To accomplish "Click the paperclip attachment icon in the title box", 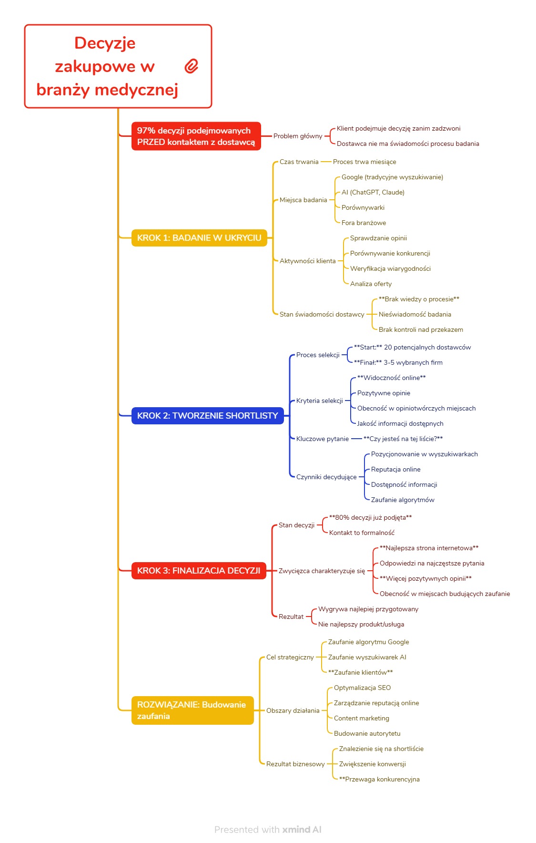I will click(x=192, y=66).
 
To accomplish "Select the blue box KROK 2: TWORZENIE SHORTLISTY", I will click(x=207, y=416).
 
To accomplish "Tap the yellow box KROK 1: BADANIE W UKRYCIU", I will click(x=199, y=237).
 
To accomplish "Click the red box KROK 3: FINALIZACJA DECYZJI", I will click(x=199, y=570).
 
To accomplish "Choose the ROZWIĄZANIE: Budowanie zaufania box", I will click(x=192, y=710).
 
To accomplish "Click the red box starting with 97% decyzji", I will click(x=196, y=136).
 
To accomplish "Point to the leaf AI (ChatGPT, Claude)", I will click(x=373, y=192).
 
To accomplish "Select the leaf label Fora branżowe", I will click(x=364, y=223).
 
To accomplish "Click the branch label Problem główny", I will click(x=298, y=136).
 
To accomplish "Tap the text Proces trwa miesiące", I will click(x=364, y=162).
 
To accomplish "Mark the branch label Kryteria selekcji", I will click(x=319, y=401).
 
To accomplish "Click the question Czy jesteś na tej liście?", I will click(x=403, y=439).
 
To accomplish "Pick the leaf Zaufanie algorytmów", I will click(x=403, y=500).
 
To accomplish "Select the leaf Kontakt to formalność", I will click(x=362, y=533).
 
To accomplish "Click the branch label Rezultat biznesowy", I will click(x=295, y=764).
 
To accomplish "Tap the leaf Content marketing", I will click(x=361, y=718).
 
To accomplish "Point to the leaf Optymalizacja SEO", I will click(x=362, y=688).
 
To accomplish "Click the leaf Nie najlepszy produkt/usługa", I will click(x=361, y=624).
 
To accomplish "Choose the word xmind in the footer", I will click(x=296, y=829).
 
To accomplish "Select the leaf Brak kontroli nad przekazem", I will click(x=421, y=329).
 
